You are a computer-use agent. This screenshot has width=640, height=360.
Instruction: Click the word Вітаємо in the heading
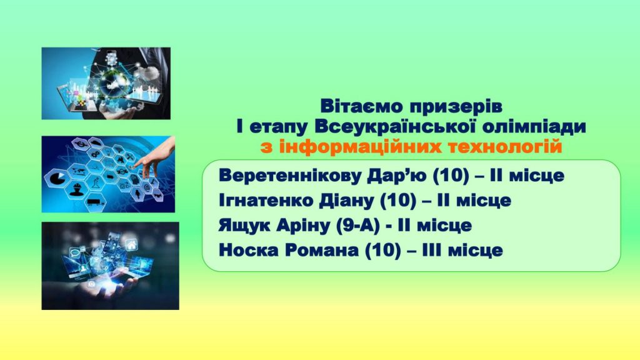tap(361, 106)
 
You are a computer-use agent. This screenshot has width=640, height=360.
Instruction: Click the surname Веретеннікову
tap(290, 176)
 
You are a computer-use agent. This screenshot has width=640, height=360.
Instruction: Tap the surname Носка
tap(249, 250)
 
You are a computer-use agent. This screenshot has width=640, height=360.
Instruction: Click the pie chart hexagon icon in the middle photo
tap(57, 178)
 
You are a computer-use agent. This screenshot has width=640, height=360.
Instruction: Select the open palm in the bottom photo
tap(107, 287)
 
